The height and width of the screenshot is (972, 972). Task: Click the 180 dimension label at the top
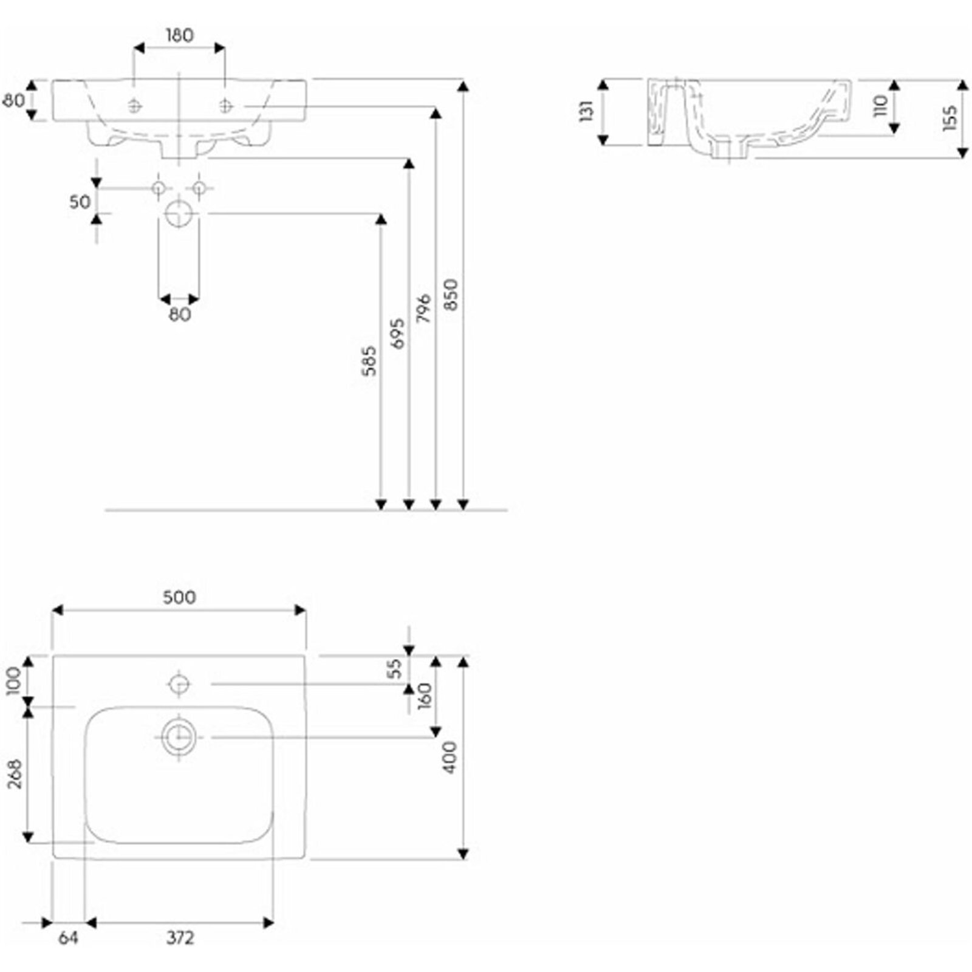pyautogui.click(x=179, y=36)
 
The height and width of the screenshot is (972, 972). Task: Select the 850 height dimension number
pyautogui.click(x=451, y=295)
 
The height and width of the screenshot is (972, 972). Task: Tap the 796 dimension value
pyautogui.click(x=424, y=308)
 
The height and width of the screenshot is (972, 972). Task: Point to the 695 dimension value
pyautogui.click(x=397, y=333)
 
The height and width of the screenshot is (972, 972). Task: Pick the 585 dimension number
pyautogui.click(x=369, y=361)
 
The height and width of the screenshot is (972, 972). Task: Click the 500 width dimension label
pyautogui.click(x=179, y=597)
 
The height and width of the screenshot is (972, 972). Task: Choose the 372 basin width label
pyautogui.click(x=180, y=938)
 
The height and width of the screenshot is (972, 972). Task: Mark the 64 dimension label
pyautogui.click(x=68, y=938)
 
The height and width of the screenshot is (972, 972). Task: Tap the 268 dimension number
pyautogui.click(x=16, y=774)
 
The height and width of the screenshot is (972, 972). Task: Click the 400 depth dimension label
pyautogui.click(x=450, y=757)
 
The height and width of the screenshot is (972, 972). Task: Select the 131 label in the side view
pyautogui.click(x=586, y=112)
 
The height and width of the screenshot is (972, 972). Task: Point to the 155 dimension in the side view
pyautogui.click(x=950, y=118)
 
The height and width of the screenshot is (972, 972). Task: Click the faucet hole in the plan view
pyautogui.click(x=179, y=684)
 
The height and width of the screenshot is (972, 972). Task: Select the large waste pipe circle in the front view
pyautogui.click(x=179, y=214)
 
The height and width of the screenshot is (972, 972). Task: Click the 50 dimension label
pyautogui.click(x=80, y=202)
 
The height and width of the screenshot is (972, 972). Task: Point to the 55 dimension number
pyautogui.click(x=395, y=668)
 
